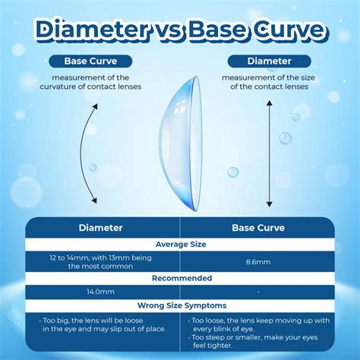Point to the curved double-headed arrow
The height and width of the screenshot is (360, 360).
93,155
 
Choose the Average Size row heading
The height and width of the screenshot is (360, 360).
180,245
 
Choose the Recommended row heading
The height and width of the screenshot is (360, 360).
180,278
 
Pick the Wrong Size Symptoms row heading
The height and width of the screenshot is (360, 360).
180,305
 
